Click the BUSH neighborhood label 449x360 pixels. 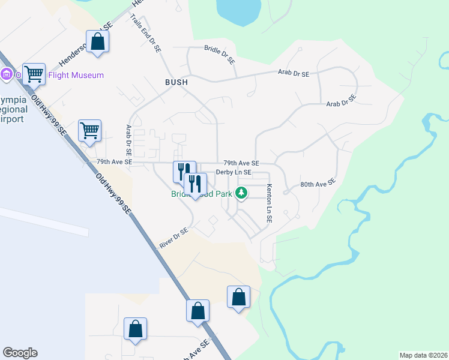[176, 82]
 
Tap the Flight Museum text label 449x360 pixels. [78, 75]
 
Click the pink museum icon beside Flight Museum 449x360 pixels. [7, 75]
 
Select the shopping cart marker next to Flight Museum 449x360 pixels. [34, 74]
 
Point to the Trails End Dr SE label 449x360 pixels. [145, 34]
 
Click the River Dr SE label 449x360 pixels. [173, 238]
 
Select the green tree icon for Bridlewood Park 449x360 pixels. [241, 193]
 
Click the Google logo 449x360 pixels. [20, 353]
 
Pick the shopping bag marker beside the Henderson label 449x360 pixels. [98, 42]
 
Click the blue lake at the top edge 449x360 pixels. [238, 11]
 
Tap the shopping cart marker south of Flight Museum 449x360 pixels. [89, 131]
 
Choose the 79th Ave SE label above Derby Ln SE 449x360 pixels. [241, 163]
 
